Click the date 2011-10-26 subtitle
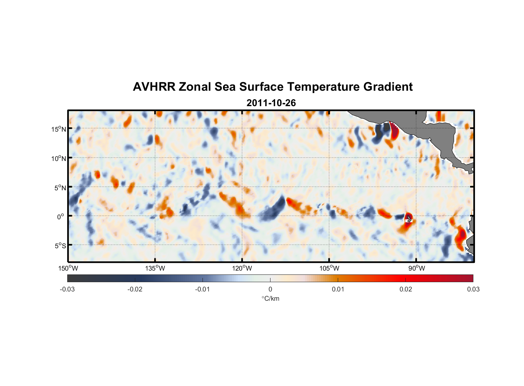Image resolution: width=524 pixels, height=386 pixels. pos(271,103)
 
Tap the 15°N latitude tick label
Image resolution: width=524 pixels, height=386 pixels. pos(59,129)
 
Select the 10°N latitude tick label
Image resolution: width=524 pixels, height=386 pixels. pos(59,158)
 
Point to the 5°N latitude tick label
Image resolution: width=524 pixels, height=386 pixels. pos(60,188)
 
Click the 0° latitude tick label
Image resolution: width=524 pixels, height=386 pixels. pos(61,217)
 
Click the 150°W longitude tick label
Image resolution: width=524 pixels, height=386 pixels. pos(68,268)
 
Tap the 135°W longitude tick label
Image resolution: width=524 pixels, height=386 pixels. pos(155,268)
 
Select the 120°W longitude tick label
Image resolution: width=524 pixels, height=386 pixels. pos(242,268)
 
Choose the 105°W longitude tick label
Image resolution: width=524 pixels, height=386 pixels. pos(329,268)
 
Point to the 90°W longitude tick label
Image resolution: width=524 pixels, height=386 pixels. pos(417,268)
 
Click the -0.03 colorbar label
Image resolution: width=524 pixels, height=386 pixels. pos(67,289)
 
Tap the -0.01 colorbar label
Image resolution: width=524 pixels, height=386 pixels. pos(202,289)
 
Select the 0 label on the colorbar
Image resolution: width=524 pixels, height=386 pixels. pos(270,289)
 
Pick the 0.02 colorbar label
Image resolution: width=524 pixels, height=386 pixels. pos(406,289)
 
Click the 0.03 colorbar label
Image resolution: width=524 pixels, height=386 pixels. pos(473,289)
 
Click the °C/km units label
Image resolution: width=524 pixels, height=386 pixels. pos(270,298)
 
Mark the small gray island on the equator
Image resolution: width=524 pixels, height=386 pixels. pos(409,218)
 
